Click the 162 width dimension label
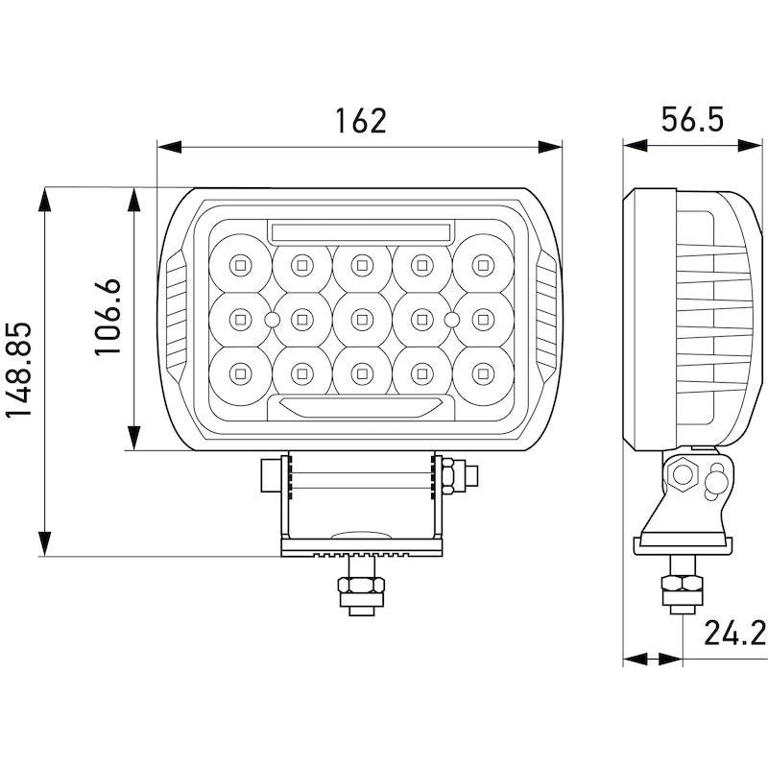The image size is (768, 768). (x=360, y=122)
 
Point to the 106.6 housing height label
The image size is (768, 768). (x=108, y=318)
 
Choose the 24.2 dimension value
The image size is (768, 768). (x=733, y=634)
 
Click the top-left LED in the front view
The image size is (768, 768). (x=239, y=262)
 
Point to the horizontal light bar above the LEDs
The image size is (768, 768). (x=361, y=231)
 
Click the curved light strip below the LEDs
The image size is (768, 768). (x=361, y=407)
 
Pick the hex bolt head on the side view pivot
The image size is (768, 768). (x=684, y=473)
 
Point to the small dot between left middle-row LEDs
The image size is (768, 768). (x=272, y=318)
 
